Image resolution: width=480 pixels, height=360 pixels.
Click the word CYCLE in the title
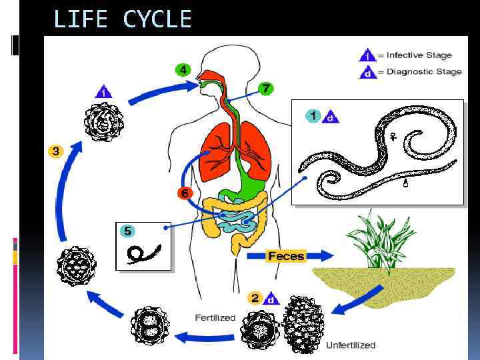(157, 19)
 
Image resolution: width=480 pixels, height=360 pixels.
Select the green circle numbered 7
(266, 88)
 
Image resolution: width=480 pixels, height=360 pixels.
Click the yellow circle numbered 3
(55, 151)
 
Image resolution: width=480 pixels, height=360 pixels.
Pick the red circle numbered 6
(185, 193)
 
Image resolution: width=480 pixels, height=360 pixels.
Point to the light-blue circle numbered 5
(127, 231)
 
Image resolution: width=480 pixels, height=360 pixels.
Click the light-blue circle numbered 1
(312, 115)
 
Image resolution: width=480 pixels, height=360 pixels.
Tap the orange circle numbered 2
(254, 297)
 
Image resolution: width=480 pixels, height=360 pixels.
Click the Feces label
(286, 256)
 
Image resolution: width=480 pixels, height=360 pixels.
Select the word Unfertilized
(351, 345)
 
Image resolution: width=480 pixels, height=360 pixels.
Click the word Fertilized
(215, 317)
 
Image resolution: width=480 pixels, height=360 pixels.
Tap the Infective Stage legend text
(419, 55)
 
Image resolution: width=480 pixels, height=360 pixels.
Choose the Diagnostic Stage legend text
(423, 71)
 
